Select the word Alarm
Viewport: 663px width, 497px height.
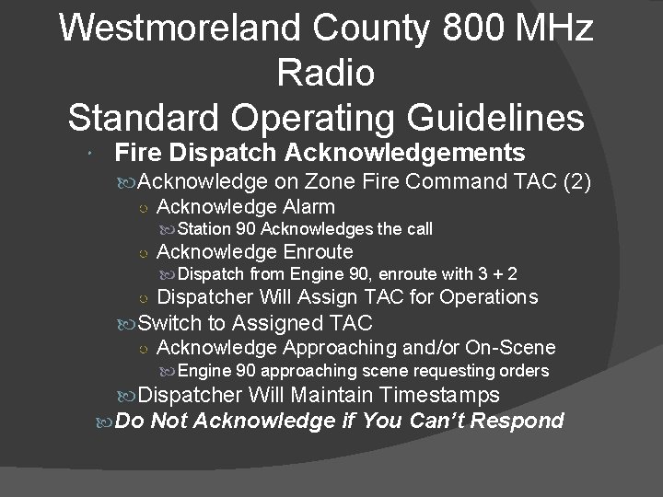308,206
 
